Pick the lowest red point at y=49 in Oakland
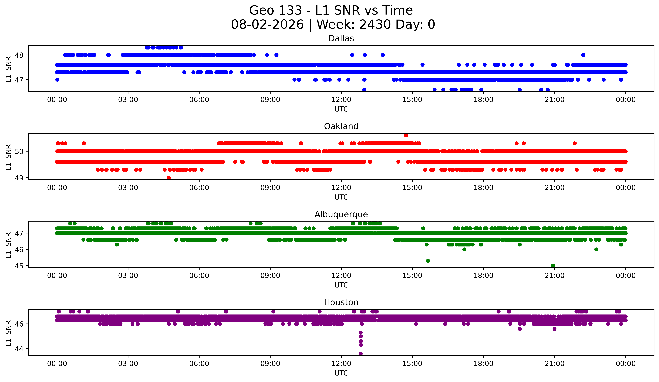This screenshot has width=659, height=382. coord(169,178)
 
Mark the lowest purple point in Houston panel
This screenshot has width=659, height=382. coord(361,354)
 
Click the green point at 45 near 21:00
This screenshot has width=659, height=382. coord(553,265)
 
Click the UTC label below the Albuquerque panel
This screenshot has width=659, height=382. coord(341,285)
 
